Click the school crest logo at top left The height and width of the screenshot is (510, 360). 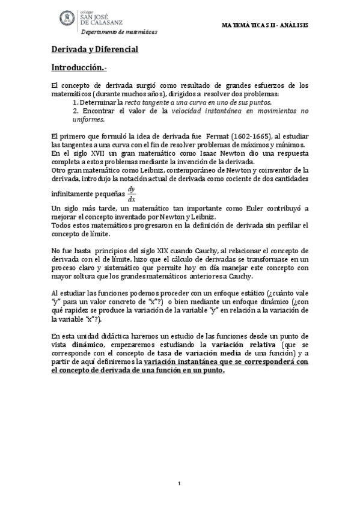(66, 19)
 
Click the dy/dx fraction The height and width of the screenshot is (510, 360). (131, 194)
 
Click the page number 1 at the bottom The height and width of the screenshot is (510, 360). (179, 484)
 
